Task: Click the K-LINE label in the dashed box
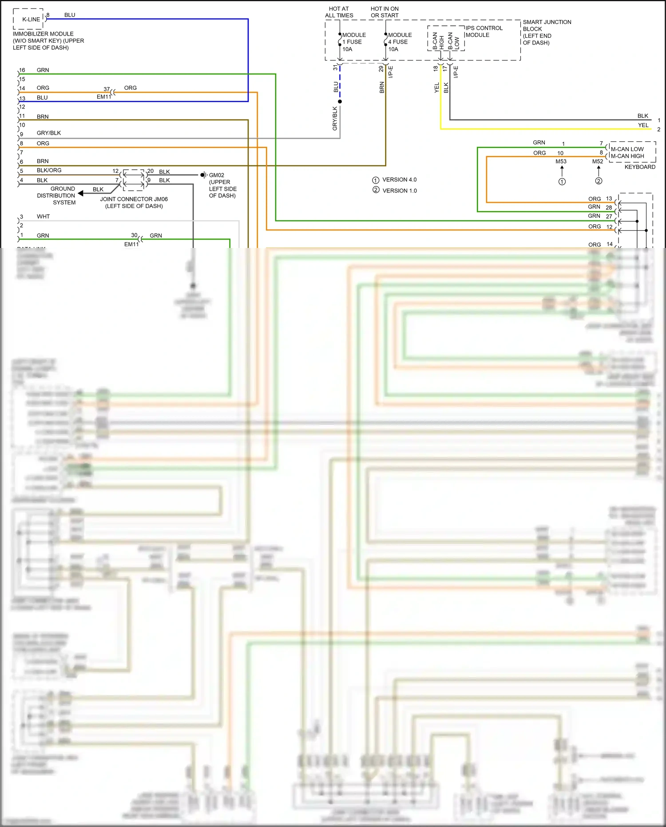click(x=31, y=20)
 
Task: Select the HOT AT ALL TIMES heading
click(x=339, y=12)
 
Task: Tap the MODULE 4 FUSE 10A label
click(x=400, y=42)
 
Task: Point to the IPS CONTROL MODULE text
click(x=484, y=32)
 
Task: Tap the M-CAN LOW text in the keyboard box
click(x=626, y=149)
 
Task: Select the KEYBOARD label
click(x=639, y=167)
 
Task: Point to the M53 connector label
click(x=561, y=162)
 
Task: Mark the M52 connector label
click(x=597, y=162)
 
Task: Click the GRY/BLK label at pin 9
click(x=49, y=133)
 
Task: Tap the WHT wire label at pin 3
click(x=43, y=217)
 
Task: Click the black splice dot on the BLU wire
click(x=340, y=102)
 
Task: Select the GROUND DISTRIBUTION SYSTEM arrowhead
click(x=81, y=193)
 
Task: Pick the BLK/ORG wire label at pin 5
click(x=49, y=171)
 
